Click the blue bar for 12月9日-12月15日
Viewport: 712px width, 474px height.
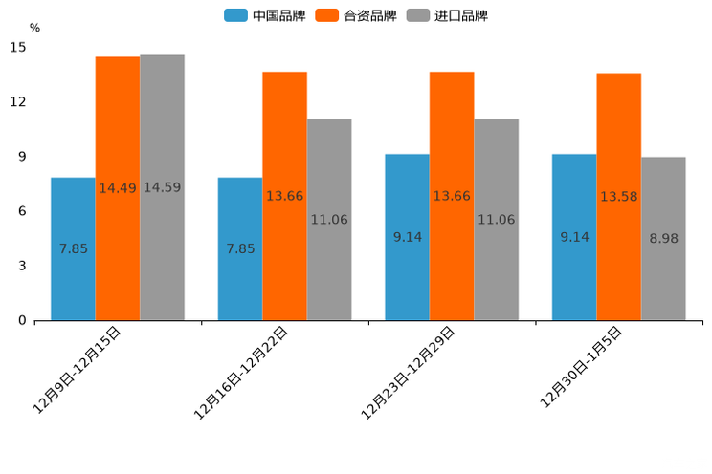coord(73,248)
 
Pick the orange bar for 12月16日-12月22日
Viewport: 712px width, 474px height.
coord(284,196)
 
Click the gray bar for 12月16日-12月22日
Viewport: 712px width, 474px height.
coord(329,220)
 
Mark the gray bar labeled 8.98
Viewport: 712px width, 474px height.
coord(663,239)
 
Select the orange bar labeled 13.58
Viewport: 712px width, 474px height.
coord(619,197)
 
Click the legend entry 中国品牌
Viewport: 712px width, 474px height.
coord(265,15)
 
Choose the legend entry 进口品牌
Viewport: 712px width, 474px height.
coord(448,15)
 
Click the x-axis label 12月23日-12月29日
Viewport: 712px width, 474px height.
coord(409,372)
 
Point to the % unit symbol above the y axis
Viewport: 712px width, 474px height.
coord(34,28)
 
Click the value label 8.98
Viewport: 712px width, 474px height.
coord(663,239)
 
